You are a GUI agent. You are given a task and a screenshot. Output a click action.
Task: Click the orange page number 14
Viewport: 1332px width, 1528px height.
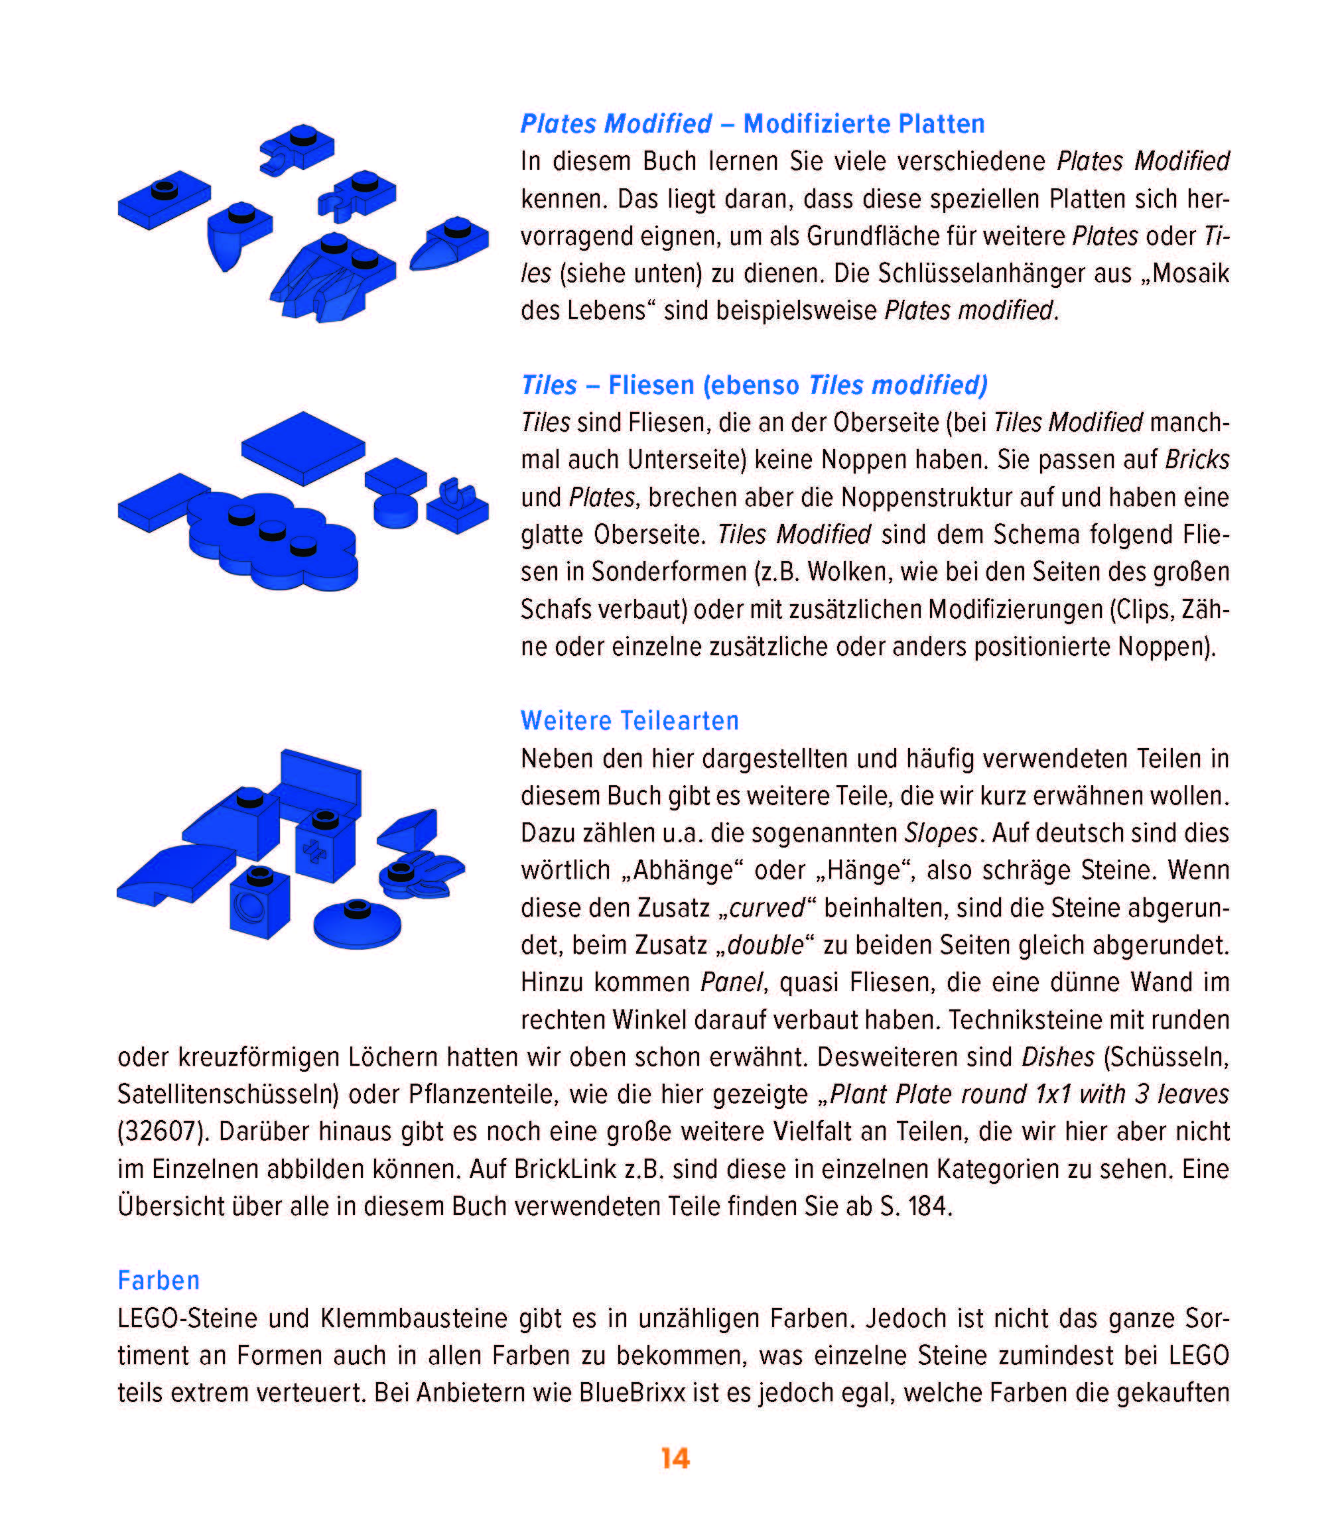[x=675, y=1458]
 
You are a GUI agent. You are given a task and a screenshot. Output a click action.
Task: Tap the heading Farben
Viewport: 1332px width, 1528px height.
[x=159, y=1281]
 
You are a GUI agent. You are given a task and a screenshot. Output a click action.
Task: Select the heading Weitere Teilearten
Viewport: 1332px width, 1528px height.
[x=630, y=720]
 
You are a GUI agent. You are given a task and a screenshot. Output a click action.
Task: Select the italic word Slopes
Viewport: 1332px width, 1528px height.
[x=940, y=832]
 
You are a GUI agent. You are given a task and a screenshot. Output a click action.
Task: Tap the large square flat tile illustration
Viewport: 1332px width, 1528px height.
[x=302, y=448]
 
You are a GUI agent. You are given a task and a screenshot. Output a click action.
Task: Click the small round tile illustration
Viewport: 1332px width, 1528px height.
[x=395, y=511]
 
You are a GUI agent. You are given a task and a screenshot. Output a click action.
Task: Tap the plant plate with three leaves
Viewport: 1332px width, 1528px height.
[x=420, y=875]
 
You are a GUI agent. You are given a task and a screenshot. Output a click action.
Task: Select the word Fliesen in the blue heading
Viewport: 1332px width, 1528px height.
[x=651, y=385]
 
